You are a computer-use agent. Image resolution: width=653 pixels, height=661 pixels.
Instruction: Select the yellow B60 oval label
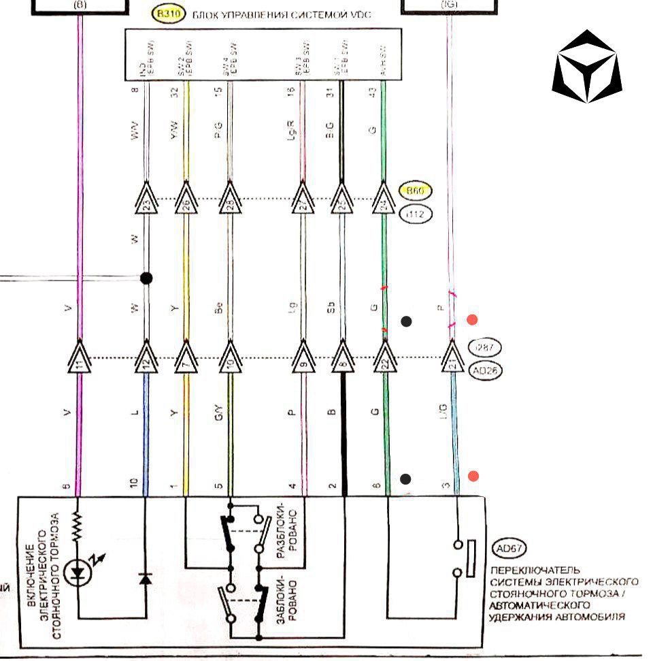pyautogui.click(x=414, y=191)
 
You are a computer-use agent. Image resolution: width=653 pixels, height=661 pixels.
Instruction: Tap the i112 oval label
pyautogui.click(x=414, y=214)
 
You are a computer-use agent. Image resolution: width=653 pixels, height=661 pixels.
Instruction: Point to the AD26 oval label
pyautogui.click(x=486, y=372)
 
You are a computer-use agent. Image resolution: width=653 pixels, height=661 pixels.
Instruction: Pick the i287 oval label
pyautogui.click(x=486, y=347)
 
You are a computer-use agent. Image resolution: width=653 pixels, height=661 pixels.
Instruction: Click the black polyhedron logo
pyautogui.click(x=586, y=66)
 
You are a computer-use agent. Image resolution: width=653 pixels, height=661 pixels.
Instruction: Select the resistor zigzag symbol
pyautogui.click(x=78, y=526)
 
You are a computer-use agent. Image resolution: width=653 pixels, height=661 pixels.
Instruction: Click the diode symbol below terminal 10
pyautogui.click(x=145, y=578)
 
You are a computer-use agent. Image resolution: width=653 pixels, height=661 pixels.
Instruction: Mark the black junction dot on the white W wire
pyautogui.click(x=145, y=278)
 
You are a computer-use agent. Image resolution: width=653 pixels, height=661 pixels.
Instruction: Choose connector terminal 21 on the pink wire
pyautogui.click(x=450, y=358)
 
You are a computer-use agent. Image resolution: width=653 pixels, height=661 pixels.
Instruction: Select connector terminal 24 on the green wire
pyautogui.click(x=384, y=200)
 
